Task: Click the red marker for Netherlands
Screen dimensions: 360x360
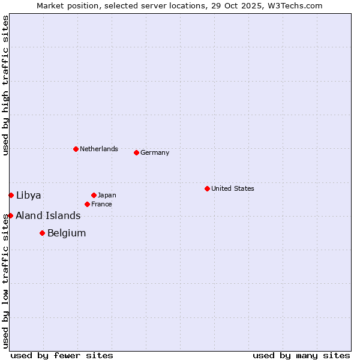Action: click(x=76, y=149)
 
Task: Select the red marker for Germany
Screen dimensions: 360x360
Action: click(x=136, y=152)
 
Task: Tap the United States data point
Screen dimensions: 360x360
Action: click(x=207, y=188)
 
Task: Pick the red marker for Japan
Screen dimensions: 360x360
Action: click(x=94, y=195)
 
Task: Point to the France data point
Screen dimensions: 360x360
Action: click(x=87, y=204)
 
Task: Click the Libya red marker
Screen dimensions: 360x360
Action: click(x=11, y=195)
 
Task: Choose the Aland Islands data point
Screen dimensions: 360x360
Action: click(x=10, y=215)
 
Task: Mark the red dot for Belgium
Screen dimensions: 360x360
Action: click(x=42, y=233)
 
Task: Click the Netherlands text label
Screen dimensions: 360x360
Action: click(x=99, y=149)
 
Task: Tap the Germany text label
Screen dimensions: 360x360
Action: click(x=155, y=152)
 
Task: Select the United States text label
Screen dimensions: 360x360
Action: click(x=233, y=188)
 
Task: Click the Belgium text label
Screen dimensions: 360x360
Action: click(x=67, y=233)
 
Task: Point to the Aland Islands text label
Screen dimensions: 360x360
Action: click(x=48, y=215)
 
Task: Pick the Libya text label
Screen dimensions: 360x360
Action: click(x=29, y=195)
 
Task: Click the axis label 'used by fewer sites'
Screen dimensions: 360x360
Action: click(x=62, y=355)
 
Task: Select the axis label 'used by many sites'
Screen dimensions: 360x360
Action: click(x=301, y=355)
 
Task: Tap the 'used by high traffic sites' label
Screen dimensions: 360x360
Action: click(x=5, y=85)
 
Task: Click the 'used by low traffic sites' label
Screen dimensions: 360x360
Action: click(x=5, y=279)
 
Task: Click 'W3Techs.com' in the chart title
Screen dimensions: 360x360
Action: click(x=294, y=5)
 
